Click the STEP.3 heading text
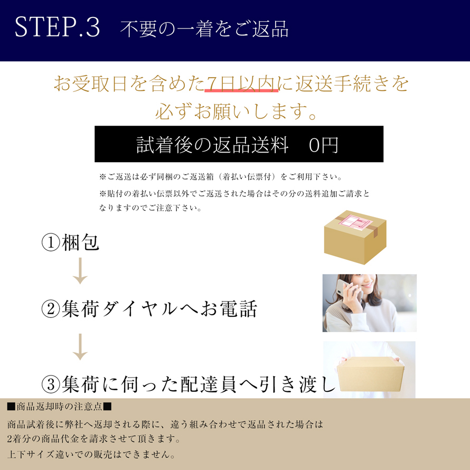pos(57,27)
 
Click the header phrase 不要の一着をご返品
pos(204,29)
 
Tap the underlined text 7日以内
pos(241,83)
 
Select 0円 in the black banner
pos(323,145)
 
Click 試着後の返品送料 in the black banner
pos(212,145)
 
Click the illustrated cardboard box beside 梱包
pos(355,237)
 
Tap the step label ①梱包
pos(70,242)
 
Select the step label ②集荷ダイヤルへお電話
pos(149,309)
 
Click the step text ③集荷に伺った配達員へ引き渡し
pos(188,384)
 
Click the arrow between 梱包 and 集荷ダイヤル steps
pos(80,271)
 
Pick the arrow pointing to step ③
pos(80,347)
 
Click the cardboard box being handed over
pos(371,374)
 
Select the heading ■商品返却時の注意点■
pos(59,407)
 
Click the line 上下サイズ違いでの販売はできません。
pos(91,454)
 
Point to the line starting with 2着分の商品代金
pos(94,439)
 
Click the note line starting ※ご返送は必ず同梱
pos(221,177)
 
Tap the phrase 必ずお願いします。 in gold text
pos(236,111)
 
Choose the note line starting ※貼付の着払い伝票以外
pos(234,194)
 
